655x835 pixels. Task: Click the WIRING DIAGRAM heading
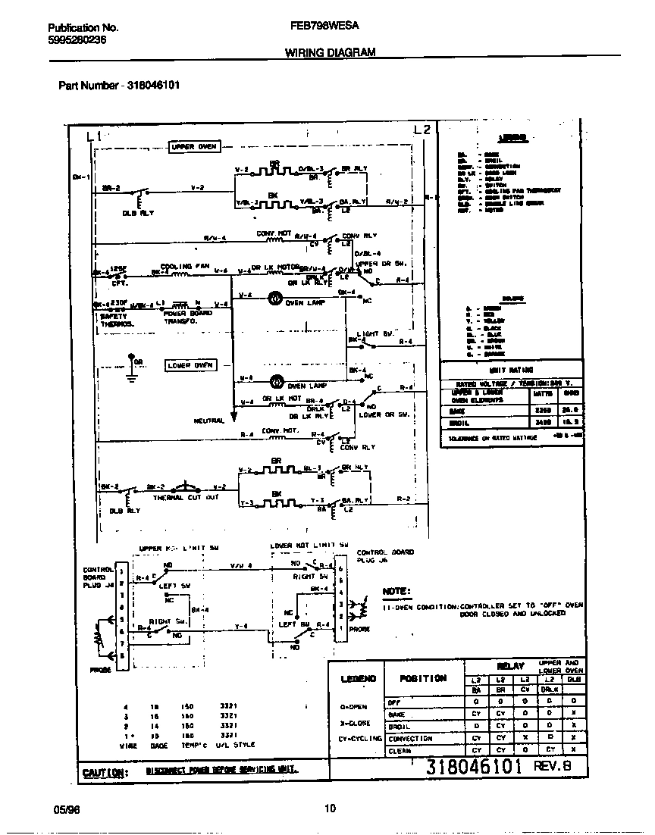pos(330,52)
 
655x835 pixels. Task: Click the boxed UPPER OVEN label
pos(193,147)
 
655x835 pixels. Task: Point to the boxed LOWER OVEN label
pos(191,365)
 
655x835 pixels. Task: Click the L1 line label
pos(93,136)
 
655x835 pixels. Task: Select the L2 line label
pos(423,130)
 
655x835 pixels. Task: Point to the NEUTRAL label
pos(208,421)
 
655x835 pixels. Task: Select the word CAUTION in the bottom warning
pos(104,771)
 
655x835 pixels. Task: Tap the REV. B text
pos(557,766)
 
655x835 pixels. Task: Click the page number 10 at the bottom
pos(329,808)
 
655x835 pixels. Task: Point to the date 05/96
pos(66,808)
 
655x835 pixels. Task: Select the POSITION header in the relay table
pos(422,678)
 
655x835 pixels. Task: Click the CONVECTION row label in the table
pos(410,738)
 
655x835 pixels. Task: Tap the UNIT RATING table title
pos(512,371)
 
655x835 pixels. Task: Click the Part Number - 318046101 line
pos(119,85)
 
